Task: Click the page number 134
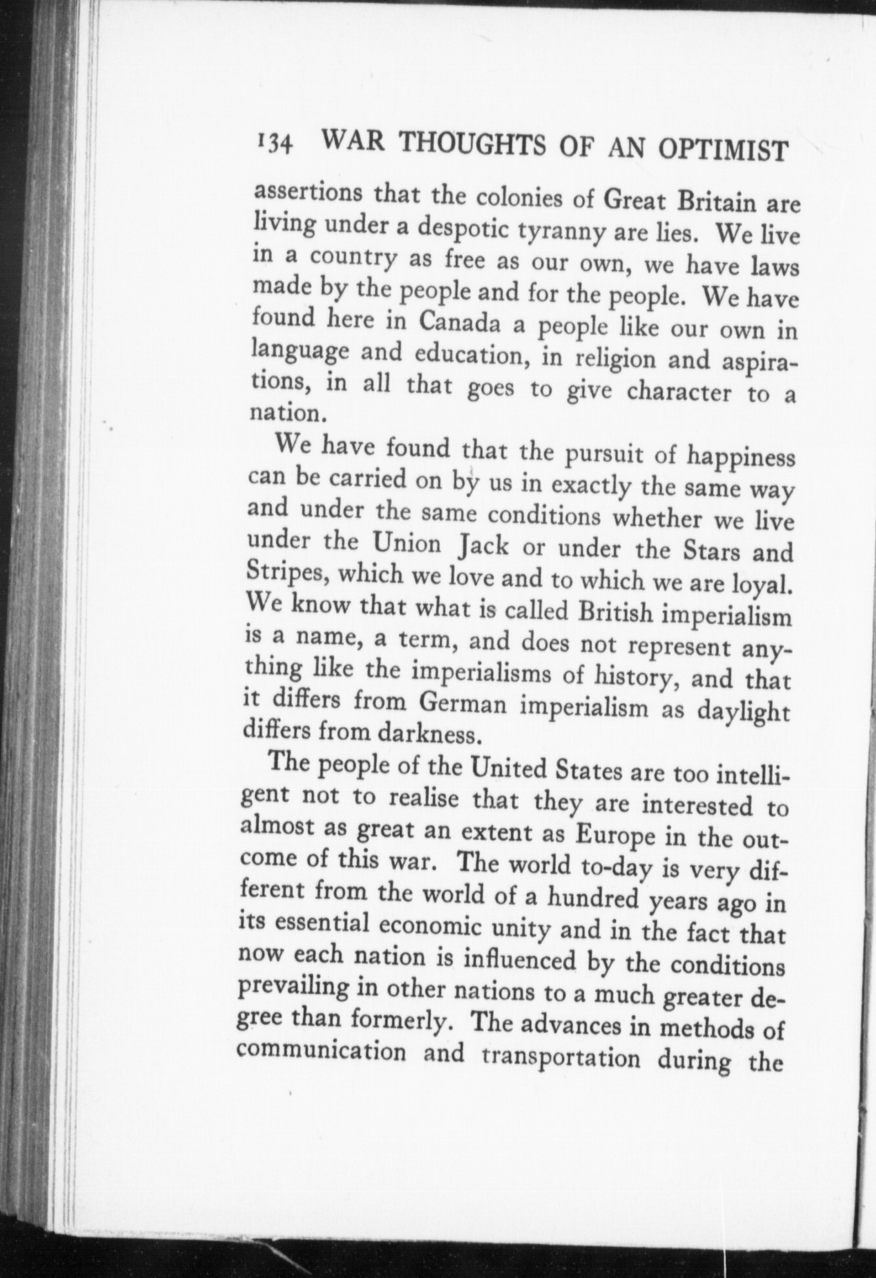[275, 142]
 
